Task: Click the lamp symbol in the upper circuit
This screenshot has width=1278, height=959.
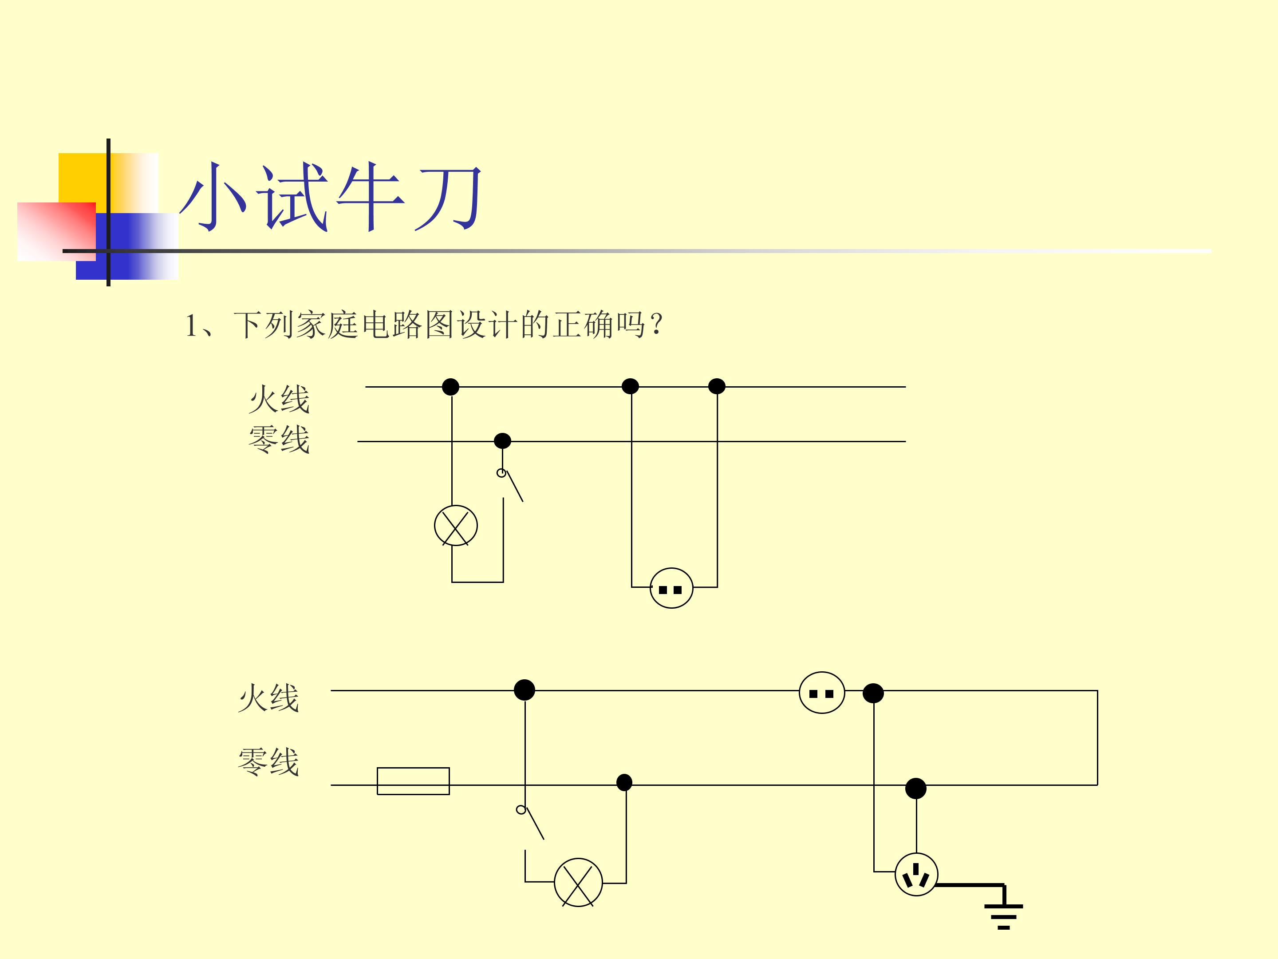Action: (456, 526)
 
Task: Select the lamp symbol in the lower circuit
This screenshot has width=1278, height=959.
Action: (578, 882)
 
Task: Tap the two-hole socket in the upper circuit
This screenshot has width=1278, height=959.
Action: (671, 588)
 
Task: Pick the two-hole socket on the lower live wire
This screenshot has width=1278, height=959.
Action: (821, 693)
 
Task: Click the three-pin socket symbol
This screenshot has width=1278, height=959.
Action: (916, 875)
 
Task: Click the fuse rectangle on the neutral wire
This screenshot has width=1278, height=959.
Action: (413, 781)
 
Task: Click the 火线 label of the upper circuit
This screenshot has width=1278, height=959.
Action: (279, 400)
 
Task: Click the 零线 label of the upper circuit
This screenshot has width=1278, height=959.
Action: (279, 440)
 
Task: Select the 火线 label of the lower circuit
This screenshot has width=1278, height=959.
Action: (268, 698)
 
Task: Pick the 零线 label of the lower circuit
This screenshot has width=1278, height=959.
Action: (268, 761)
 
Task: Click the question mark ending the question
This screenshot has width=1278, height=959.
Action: (656, 325)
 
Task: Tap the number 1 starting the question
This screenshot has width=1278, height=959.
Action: (191, 326)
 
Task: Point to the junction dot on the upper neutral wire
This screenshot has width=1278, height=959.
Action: (503, 441)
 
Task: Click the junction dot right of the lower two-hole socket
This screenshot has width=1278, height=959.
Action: (873, 693)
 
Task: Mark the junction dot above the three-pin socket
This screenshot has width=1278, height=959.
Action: (916, 789)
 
